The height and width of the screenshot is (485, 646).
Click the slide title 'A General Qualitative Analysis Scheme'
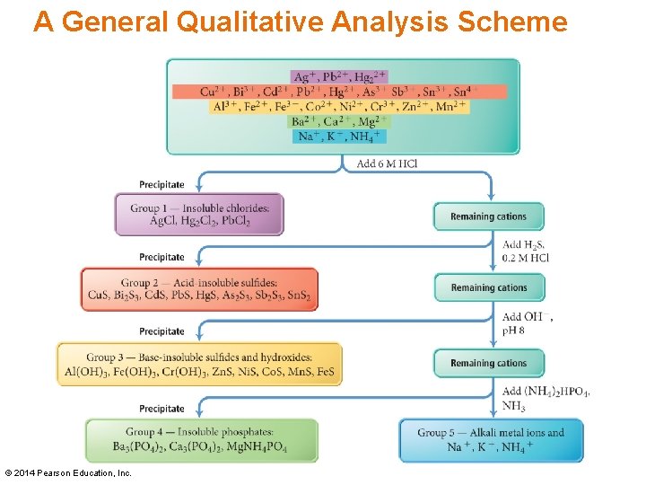tap(301, 22)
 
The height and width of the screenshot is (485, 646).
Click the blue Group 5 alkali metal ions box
tap(491, 440)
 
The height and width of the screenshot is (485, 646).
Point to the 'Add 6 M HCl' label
tap(387, 163)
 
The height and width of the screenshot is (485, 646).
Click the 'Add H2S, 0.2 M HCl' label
tap(526, 251)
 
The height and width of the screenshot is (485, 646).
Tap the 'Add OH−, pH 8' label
tap(527, 323)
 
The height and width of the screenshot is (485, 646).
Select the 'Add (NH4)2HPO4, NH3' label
tap(546, 398)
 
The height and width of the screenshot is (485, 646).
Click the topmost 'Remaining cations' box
tap(489, 216)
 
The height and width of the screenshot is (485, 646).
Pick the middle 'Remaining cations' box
tap(489, 287)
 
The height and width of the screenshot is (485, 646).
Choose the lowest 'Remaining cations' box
tap(489, 363)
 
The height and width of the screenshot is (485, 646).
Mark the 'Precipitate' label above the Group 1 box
tap(161, 184)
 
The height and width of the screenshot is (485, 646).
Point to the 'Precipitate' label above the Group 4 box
tap(161, 409)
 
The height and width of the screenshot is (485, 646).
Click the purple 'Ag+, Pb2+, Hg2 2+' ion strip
tap(339, 76)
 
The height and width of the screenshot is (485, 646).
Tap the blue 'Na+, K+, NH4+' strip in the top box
tap(339, 137)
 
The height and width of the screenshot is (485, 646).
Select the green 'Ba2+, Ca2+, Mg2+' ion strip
tap(339, 121)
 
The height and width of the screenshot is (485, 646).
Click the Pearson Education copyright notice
tap(68, 472)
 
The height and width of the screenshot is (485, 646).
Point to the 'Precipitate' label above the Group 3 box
tap(161, 331)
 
